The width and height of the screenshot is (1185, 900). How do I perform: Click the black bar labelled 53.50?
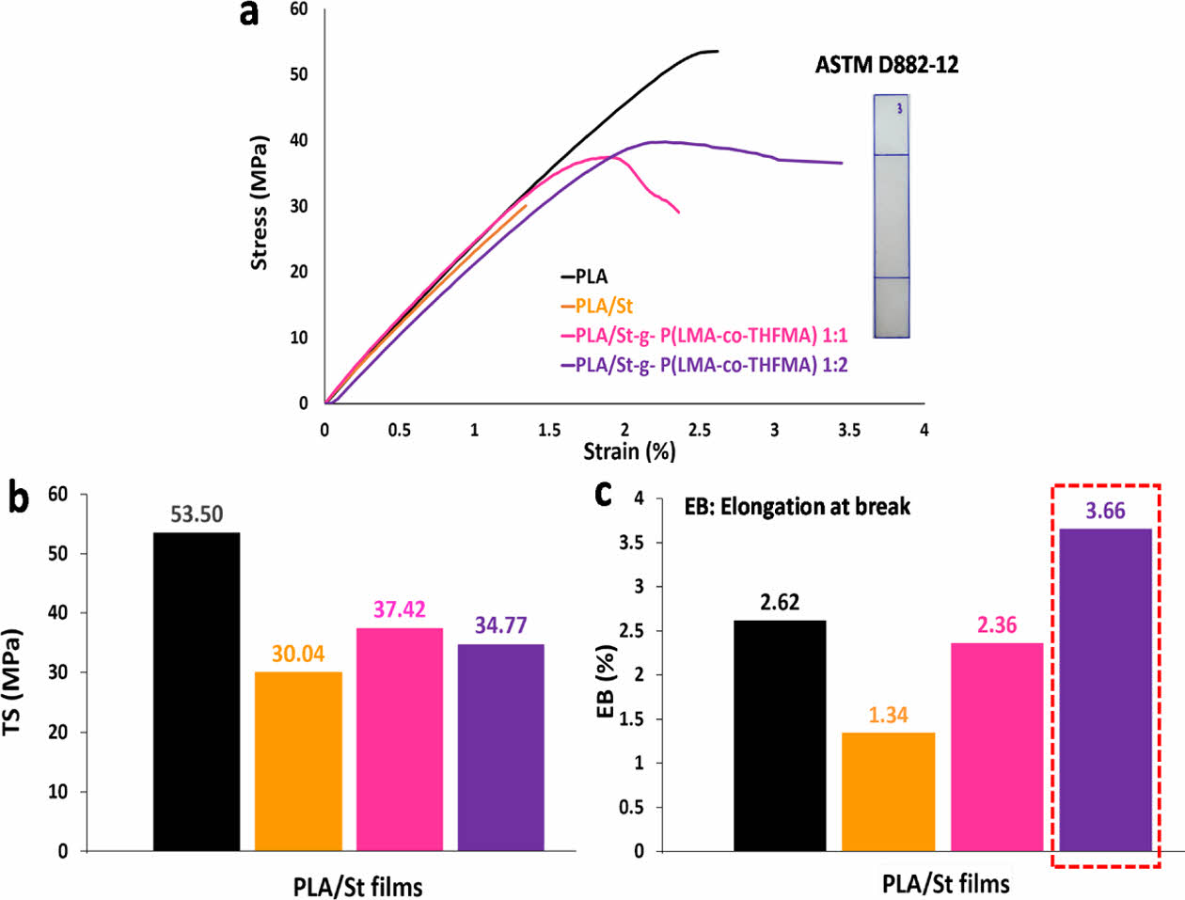click(x=197, y=691)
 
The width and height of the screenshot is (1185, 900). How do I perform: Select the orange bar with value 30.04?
click(x=298, y=761)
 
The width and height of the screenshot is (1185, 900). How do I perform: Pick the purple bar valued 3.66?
click(x=1105, y=689)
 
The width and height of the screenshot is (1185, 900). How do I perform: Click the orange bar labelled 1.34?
click(x=888, y=791)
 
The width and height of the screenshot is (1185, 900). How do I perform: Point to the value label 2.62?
click(x=780, y=603)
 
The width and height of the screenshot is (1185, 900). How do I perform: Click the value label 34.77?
click(x=500, y=625)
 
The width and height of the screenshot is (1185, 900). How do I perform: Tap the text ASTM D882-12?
click(x=887, y=65)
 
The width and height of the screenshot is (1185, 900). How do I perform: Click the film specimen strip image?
click(x=891, y=215)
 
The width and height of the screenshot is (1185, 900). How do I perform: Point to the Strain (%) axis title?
click(x=629, y=451)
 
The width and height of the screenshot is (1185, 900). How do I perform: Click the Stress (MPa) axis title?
click(x=259, y=203)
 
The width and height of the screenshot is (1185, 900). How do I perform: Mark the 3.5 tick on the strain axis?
click(x=849, y=430)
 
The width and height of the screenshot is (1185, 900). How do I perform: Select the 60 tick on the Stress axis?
click(x=299, y=9)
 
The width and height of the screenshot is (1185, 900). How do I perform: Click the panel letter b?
click(x=18, y=498)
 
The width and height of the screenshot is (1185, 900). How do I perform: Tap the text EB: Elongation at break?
click(x=797, y=507)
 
